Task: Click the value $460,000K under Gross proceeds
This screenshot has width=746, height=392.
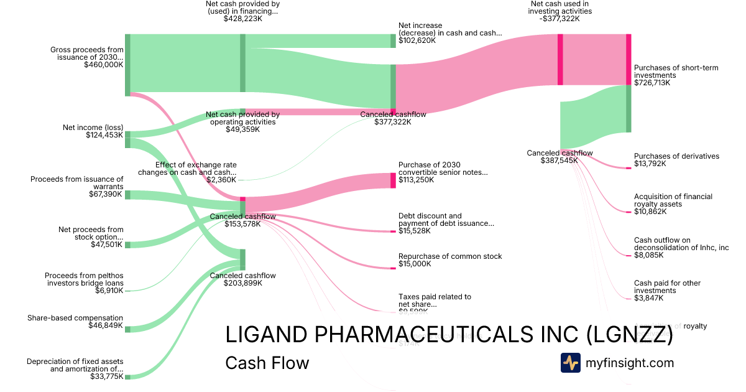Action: coord(103,64)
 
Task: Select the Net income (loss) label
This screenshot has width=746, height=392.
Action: coord(93,128)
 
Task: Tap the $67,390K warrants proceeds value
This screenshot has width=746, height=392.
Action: coord(106,194)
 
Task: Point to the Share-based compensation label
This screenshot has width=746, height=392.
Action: coord(75,318)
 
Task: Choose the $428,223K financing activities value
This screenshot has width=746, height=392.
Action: coord(242,19)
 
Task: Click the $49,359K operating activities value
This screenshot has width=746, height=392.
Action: coord(242,129)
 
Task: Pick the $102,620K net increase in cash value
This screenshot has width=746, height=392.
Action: coord(417,40)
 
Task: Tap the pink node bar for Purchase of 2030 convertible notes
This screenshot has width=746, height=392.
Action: coord(393,180)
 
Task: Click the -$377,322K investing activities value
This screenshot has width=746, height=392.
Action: coord(560,19)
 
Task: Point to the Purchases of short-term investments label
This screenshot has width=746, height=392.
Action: coord(676,71)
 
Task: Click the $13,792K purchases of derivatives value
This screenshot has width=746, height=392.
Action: coord(650,164)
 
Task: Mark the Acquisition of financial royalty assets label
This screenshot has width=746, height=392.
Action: coord(673,200)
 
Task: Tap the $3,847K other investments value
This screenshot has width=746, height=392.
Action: coord(648,298)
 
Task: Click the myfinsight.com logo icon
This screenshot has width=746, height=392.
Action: coord(570,363)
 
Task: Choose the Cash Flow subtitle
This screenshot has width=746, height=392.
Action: coord(267,363)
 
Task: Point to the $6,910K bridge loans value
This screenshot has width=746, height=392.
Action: coord(109,290)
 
